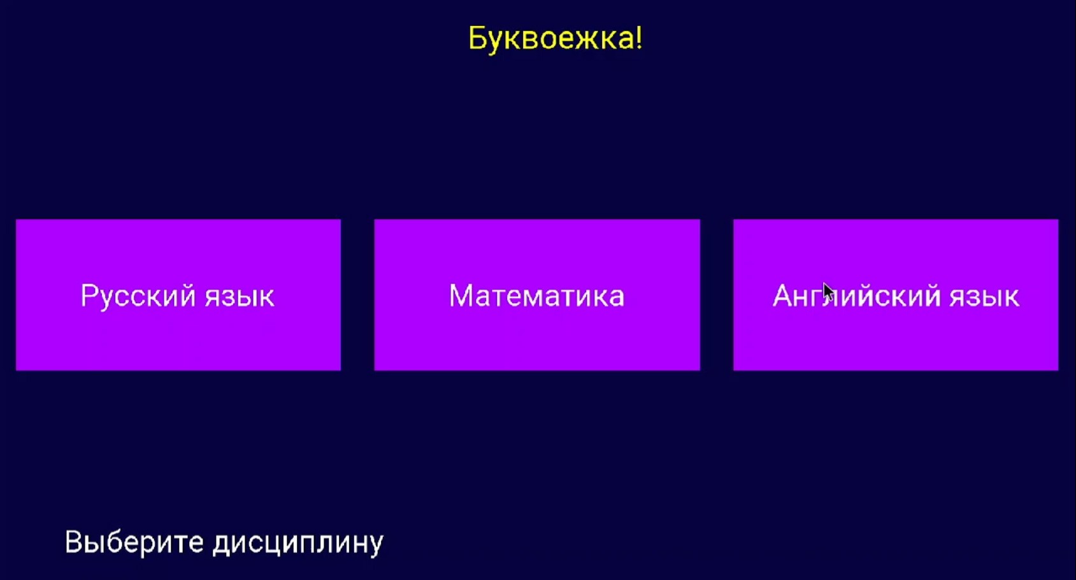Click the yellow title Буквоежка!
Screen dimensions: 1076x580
[x=555, y=38]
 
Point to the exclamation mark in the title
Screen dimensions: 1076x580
[x=638, y=38]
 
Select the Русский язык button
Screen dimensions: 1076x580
[x=178, y=295]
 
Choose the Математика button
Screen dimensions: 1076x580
[x=537, y=295]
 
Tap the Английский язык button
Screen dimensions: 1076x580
[x=896, y=295]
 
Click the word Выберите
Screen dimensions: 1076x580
[x=134, y=542]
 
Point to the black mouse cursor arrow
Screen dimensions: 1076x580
[x=829, y=292]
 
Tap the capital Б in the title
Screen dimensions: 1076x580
[x=478, y=38]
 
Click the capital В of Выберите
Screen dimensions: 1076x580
[x=74, y=542]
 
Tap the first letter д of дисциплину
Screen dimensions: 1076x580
[x=222, y=546]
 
